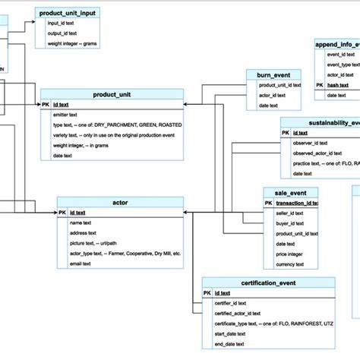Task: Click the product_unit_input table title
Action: click(73, 13)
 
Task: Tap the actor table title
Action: click(120, 202)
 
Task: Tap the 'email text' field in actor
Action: click(81, 264)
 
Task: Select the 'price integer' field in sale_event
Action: click(290, 254)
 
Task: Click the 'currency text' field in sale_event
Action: click(289, 264)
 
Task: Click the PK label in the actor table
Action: click(63, 213)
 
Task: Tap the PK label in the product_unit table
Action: click(46, 104)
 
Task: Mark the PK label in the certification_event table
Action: click(207, 292)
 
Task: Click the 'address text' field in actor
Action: click(83, 233)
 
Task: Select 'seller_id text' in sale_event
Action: click(289, 213)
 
